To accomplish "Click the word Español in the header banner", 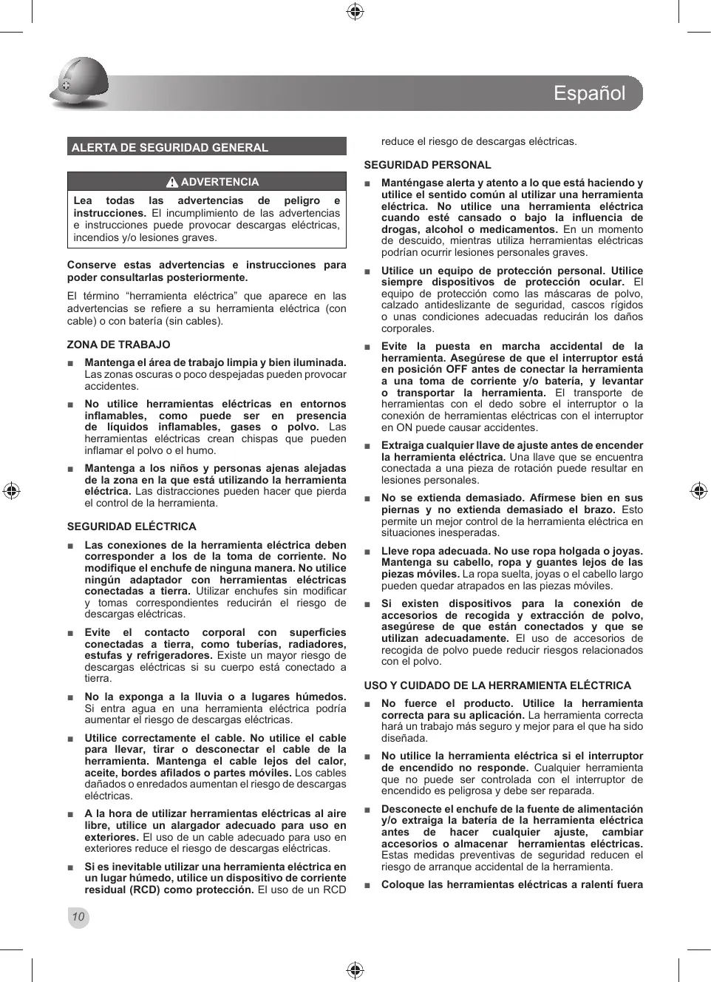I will pyautogui.click(x=589, y=93).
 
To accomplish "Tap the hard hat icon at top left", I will pyautogui.click(x=79, y=83).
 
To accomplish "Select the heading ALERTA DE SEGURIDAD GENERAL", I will pyautogui.click(x=169, y=147).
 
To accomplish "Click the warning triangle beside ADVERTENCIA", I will pyautogui.click(x=172, y=182).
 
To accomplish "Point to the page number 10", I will pyautogui.click(x=78, y=918).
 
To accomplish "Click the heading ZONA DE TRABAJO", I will pyautogui.click(x=118, y=345).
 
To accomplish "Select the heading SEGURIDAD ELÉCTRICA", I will pyautogui.click(x=132, y=526).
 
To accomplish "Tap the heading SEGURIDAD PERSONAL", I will pyautogui.click(x=427, y=165).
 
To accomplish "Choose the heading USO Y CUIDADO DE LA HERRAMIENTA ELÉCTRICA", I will pyautogui.click(x=497, y=685).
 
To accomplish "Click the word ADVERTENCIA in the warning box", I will pyautogui.click(x=220, y=182).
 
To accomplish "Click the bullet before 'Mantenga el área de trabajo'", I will pyautogui.click(x=70, y=363).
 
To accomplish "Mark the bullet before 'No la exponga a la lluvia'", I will pyautogui.click(x=70, y=697).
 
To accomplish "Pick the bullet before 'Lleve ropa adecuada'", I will pyautogui.click(x=367, y=552).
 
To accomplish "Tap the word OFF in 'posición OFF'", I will pyautogui.click(x=456, y=370).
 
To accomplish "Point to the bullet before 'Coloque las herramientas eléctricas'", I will pyautogui.click(x=367, y=885).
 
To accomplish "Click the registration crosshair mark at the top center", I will pyautogui.click(x=355, y=11).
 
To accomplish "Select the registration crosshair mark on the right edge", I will pyautogui.click(x=698, y=491).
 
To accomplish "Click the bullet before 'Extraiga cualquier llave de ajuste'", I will pyautogui.click(x=367, y=446).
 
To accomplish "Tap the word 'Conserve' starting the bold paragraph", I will pyautogui.click(x=92, y=265).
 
